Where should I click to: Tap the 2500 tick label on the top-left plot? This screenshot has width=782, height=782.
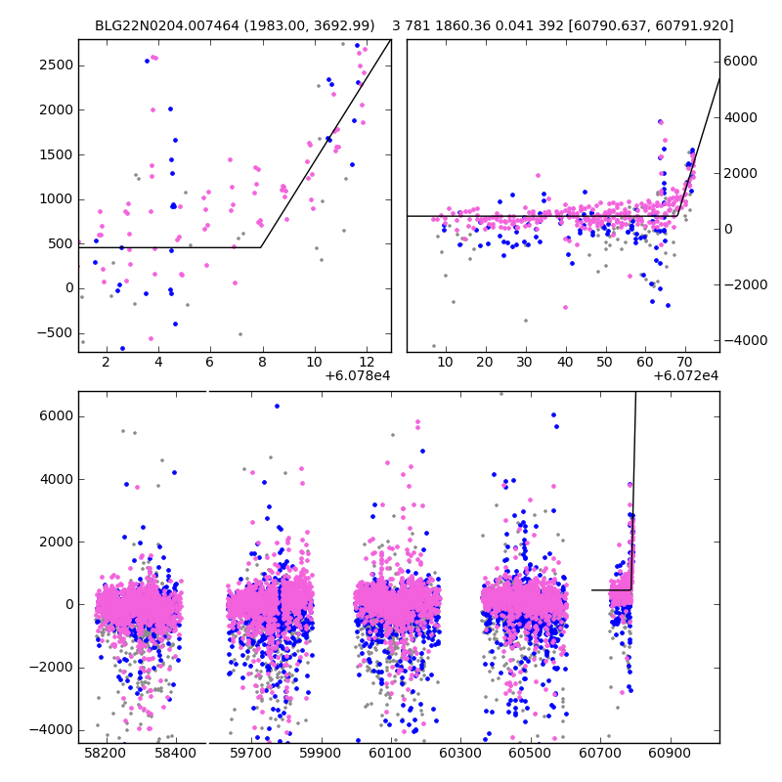coord(55,65)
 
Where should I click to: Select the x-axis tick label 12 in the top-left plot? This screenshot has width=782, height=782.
coord(365,363)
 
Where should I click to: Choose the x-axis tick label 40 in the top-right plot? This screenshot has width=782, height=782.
coord(565,363)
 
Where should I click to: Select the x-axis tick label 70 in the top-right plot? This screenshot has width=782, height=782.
coord(684,363)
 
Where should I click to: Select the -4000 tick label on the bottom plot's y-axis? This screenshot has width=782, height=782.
coord(53,729)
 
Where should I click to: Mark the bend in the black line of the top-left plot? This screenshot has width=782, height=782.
coord(261,247)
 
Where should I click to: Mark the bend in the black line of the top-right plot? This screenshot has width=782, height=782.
coord(677,215)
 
